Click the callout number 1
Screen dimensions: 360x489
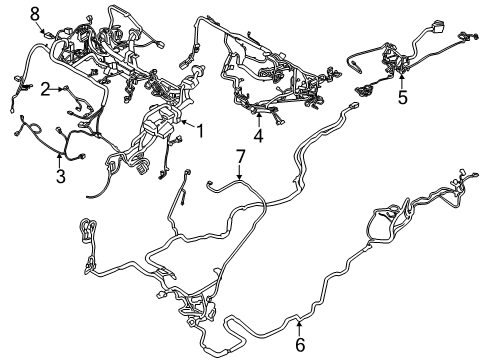pyautogui.click(x=200, y=130)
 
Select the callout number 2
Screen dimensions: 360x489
pyautogui.click(x=46, y=89)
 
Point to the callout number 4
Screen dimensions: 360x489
pyautogui.click(x=258, y=135)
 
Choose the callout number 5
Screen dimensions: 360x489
pyautogui.click(x=402, y=98)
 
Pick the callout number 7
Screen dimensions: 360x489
pyautogui.click(x=240, y=156)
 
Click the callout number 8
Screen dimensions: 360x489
pyautogui.click(x=34, y=12)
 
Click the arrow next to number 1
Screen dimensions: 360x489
pyautogui.click(x=188, y=128)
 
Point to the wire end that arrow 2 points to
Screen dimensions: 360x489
pyautogui.click(x=68, y=89)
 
